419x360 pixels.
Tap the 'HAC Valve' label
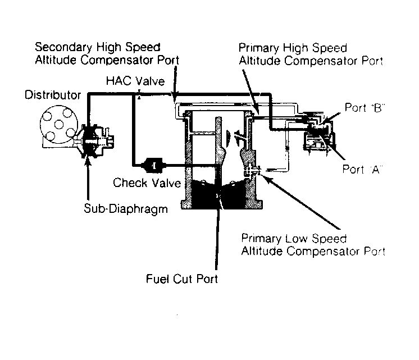(x=135, y=81)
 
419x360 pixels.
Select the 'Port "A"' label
(x=362, y=170)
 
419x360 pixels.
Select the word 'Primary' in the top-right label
(x=258, y=48)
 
